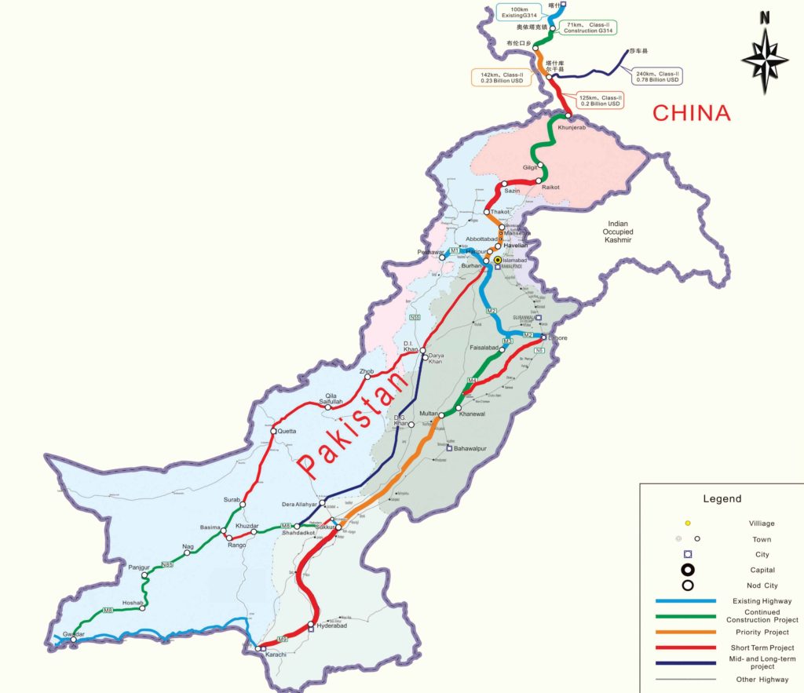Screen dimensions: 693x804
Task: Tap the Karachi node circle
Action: (258, 648)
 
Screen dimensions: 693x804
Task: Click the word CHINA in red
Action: (692, 113)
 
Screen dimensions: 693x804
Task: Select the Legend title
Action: (722, 498)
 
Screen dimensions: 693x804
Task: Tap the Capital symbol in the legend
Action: (688, 571)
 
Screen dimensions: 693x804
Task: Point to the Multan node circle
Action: (442, 415)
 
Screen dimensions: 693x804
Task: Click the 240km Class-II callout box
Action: (656, 75)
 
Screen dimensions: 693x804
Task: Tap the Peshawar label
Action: (430, 253)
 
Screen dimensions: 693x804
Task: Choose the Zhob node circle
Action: (367, 377)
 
